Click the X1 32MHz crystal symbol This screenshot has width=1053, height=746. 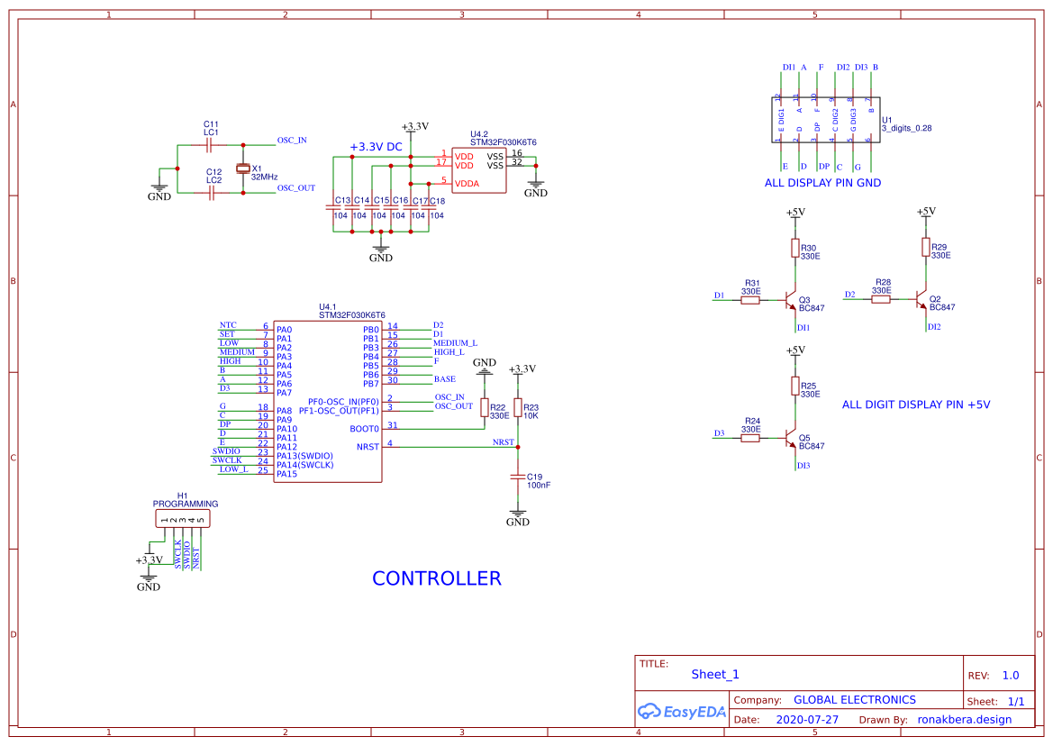tap(241, 168)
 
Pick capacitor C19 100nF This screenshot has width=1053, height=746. tap(518, 475)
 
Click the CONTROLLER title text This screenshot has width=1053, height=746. tap(437, 578)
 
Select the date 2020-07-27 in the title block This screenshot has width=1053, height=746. tap(807, 720)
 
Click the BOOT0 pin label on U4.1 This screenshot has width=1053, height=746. tap(365, 429)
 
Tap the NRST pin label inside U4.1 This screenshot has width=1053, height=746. tap(368, 446)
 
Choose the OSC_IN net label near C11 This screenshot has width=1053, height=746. tap(292, 141)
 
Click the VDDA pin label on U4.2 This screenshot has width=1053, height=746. tap(467, 183)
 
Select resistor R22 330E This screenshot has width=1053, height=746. tap(485, 408)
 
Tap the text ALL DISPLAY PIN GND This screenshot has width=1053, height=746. tap(822, 183)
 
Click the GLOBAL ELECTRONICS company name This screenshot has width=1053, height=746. tap(854, 700)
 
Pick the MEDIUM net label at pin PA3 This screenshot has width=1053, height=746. tap(237, 352)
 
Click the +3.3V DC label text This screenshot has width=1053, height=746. tap(376, 147)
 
